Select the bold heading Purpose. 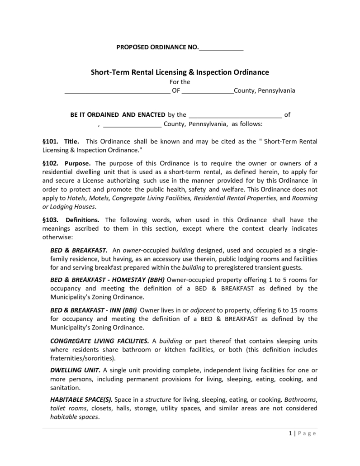78,163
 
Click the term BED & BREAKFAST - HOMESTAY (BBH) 108,280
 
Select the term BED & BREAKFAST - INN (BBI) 93,310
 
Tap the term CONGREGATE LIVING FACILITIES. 99,341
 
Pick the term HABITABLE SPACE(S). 81,400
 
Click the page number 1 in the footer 289,433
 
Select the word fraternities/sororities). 83,358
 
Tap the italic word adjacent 203,310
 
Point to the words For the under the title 180,82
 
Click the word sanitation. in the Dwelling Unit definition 65,388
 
